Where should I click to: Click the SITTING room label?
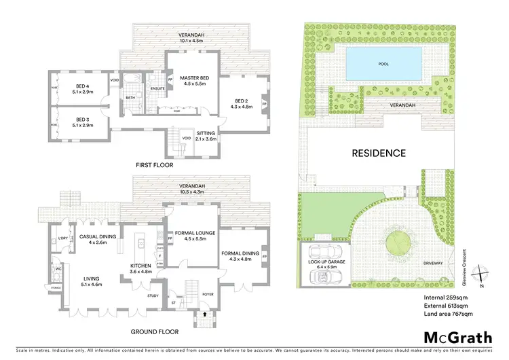[x=205, y=134]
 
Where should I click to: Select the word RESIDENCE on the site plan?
[x=378, y=153]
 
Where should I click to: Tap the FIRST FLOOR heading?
[x=153, y=164]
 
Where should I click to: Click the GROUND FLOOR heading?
[x=156, y=332]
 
